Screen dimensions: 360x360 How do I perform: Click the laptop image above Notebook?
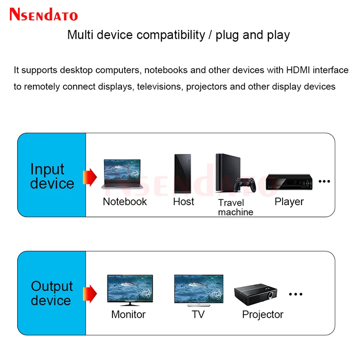[121, 175]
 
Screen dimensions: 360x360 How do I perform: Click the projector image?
[255, 295]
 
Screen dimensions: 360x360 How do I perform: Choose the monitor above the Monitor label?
[130, 290]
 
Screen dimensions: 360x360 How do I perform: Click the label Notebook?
[125, 202]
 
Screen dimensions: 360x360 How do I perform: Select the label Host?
[184, 202]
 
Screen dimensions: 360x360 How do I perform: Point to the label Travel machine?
[235, 207]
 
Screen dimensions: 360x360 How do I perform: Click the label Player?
[289, 202]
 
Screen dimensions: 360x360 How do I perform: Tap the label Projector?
[263, 315]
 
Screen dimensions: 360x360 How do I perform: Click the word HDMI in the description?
[298, 70]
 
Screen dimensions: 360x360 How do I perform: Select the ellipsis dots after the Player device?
[324, 181]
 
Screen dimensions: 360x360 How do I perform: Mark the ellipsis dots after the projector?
[296, 294]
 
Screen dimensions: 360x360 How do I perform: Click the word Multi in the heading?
[79, 35]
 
